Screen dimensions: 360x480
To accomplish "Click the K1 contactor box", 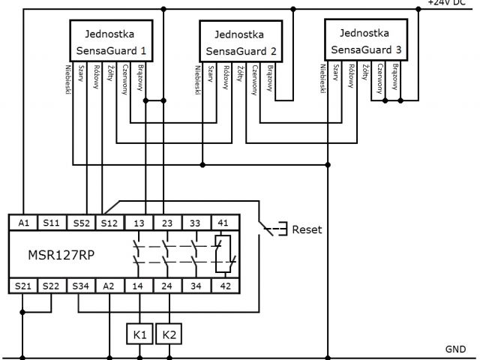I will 139,332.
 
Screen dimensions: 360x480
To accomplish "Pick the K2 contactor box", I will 168,332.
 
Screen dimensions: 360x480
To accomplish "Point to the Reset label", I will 307,229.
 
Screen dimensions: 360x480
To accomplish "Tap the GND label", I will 455,349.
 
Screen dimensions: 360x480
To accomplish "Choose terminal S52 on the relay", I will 80,223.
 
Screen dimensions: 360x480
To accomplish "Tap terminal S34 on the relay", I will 80,285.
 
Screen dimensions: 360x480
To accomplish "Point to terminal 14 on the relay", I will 139,285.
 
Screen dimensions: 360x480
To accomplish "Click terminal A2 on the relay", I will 109,285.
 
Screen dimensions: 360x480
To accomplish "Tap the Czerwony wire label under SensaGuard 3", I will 381,79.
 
